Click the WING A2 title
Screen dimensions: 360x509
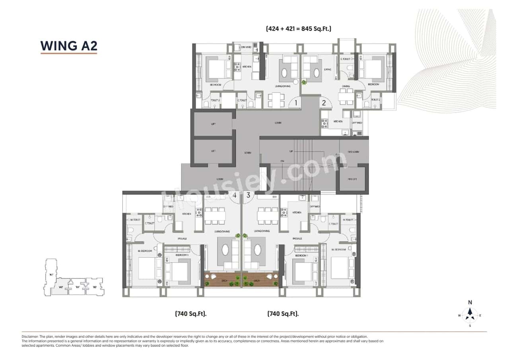[x=69, y=46]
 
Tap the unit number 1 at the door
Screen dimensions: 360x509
[x=295, y=103]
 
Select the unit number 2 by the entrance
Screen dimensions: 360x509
[x=324, y=103]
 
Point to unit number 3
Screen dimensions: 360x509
[x=248, y=195]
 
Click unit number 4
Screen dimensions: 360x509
[x=235, y=195]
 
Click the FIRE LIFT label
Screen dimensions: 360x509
[x=352, y=179]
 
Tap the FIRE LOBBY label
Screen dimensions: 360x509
[x=352, y=152]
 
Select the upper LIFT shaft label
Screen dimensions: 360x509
[x=213, y=125]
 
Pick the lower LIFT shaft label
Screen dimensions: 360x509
[x=213, y=152]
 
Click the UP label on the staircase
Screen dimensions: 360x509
[x=291, y=152]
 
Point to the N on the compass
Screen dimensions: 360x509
[x=470, y=302]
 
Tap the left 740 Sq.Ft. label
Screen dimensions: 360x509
[x=191, y=314]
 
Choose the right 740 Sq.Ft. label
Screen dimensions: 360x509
[x=283, y=314]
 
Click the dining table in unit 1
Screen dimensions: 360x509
[x=276, y=100]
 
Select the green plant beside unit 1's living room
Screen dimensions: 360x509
[x=304, y=82]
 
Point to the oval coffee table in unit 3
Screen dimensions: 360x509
[x=257, y=250]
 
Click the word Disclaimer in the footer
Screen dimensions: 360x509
[x=30, y=337]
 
